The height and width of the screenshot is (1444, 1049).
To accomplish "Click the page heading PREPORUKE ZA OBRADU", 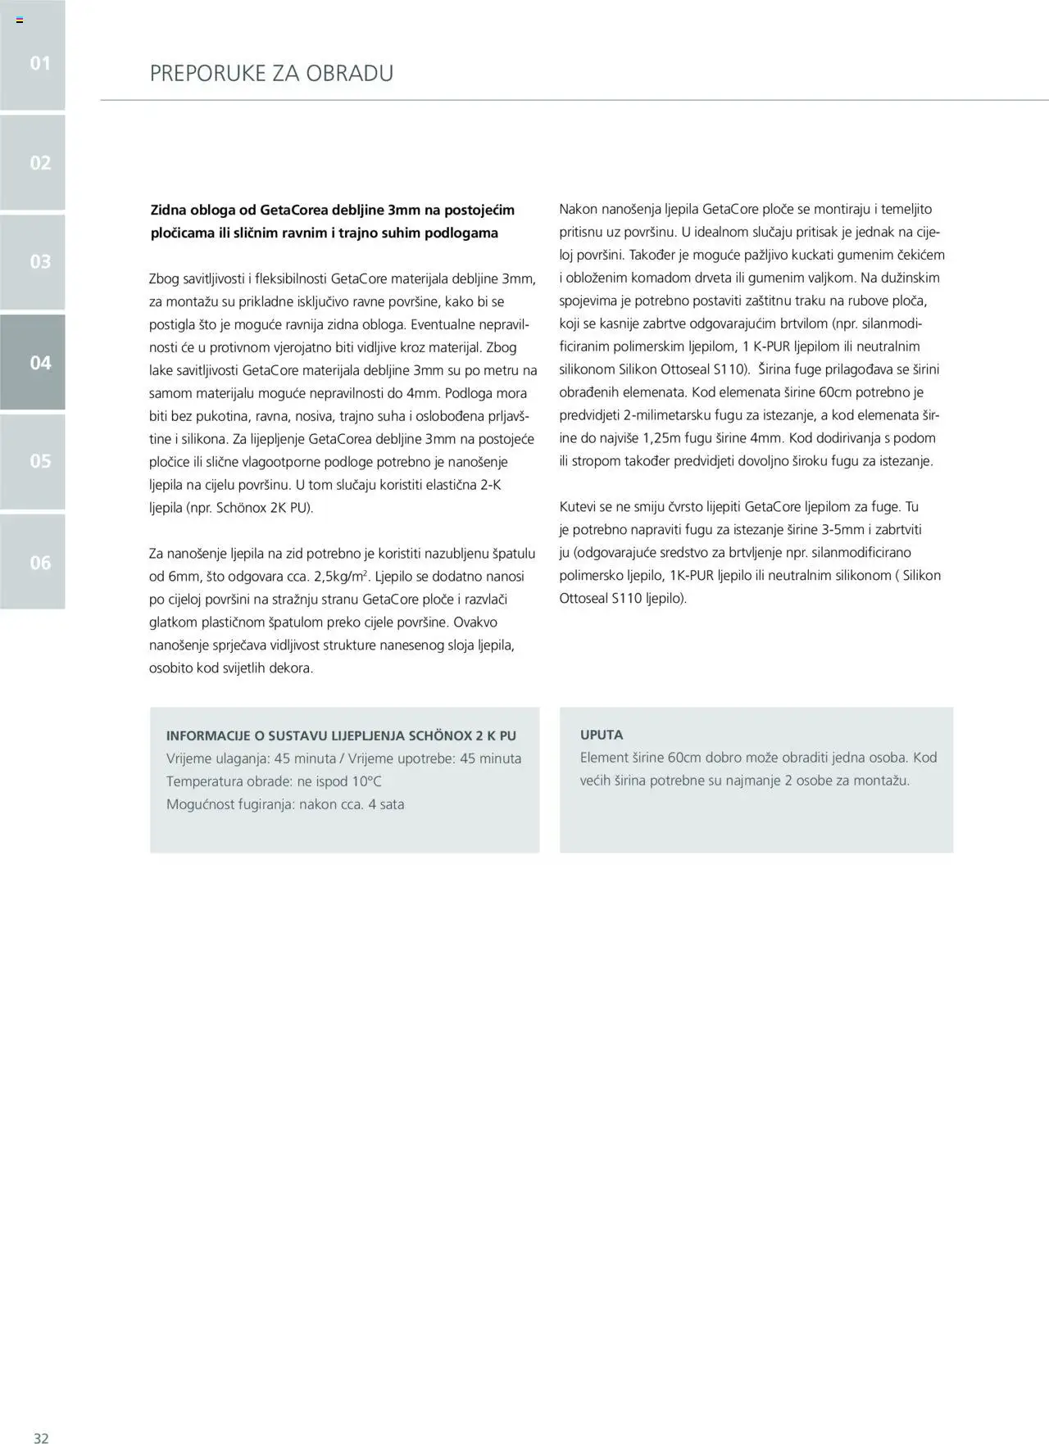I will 271,74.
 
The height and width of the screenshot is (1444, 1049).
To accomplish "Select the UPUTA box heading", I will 602,735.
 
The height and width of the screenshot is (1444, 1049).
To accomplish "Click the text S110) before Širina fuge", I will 732,369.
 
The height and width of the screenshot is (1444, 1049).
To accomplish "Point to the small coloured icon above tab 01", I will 20,20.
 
